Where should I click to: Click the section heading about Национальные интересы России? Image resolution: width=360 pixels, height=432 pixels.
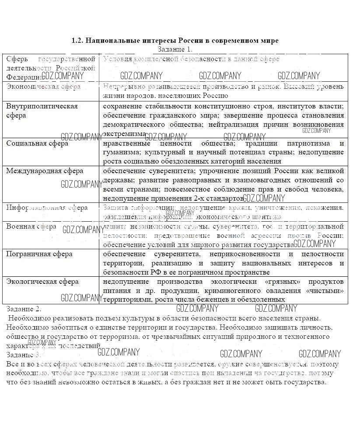pos(175,41)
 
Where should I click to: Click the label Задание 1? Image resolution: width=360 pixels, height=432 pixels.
pos(175,49)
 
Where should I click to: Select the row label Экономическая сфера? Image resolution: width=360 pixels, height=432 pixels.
pos(43,87)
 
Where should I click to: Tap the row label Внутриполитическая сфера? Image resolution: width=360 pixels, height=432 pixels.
pos(42,111)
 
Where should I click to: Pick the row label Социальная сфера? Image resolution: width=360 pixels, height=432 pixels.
pos(37,143)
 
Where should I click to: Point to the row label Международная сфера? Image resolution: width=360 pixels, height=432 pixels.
pos(45,171)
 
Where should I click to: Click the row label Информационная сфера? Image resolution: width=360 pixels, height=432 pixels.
pos(47,208)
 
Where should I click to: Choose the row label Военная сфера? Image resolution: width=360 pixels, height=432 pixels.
pos(31,226)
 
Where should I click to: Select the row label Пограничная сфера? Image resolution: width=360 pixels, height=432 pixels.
pos(39,254)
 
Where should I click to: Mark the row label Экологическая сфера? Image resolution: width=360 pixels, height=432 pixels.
pos(42,282)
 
